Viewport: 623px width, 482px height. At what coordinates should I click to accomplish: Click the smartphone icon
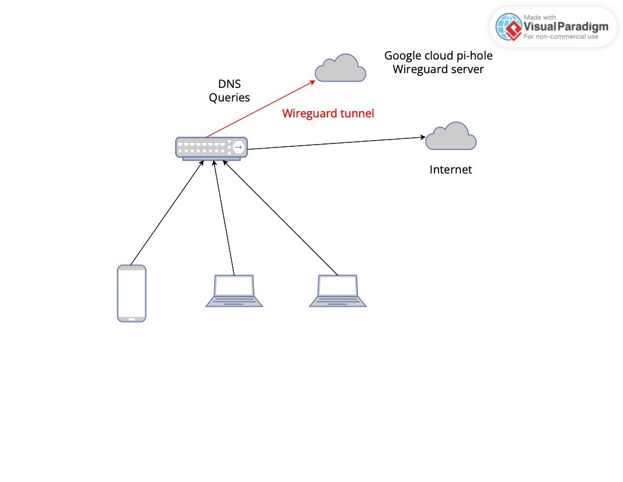131,293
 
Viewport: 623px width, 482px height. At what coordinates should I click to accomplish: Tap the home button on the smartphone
131,318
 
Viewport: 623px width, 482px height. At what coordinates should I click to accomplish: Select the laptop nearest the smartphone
233,291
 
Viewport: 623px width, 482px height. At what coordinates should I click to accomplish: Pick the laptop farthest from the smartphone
338,291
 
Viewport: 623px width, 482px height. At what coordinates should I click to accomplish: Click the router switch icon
211,148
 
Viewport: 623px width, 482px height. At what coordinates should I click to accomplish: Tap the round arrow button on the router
238,147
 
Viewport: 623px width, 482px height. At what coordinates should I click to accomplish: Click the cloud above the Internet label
451,137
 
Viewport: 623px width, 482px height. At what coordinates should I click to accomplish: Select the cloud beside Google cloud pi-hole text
340,68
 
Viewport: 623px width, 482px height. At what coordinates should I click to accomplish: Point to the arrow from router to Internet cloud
334,143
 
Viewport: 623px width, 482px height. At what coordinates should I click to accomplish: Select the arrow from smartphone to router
167,213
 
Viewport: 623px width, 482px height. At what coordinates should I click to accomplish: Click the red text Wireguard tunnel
328,113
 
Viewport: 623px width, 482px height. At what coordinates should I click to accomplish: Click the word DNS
229,84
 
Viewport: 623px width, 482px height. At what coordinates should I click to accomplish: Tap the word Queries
229,98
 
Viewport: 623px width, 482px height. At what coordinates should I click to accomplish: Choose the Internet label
450,170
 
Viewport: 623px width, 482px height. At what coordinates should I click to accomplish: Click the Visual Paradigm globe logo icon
508,27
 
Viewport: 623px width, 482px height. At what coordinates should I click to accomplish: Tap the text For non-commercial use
561,37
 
